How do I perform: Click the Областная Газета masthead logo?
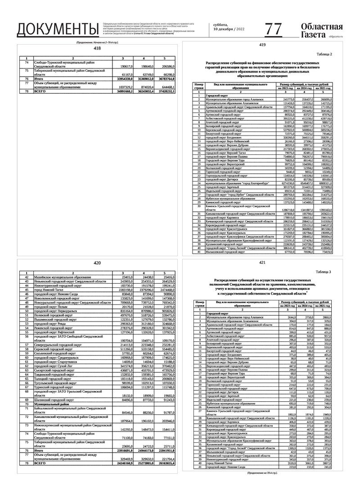click(322, 30)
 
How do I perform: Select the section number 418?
click(97, 48)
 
